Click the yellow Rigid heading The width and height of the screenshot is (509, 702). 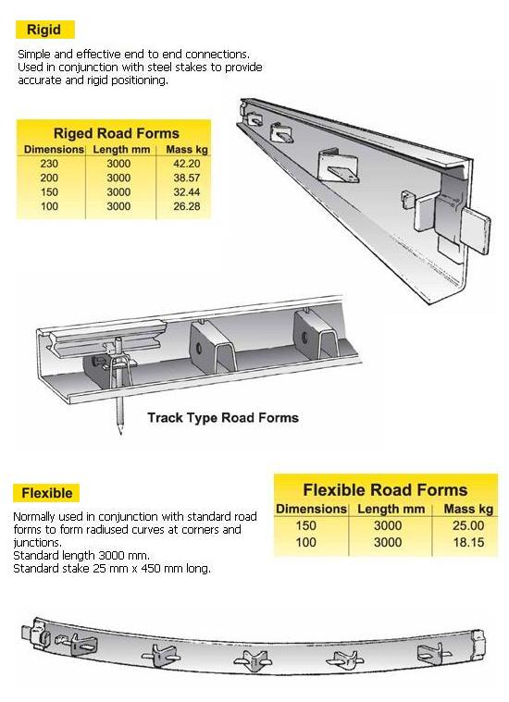44,30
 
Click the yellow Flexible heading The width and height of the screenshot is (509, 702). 46,493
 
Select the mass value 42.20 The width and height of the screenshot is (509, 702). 186,164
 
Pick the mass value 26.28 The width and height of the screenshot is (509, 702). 186,206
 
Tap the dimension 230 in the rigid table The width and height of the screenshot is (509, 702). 49,164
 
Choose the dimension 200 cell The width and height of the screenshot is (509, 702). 49,178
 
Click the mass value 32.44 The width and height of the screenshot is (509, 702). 186,192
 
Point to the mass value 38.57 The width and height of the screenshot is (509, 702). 186,178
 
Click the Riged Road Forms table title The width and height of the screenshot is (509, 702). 116,133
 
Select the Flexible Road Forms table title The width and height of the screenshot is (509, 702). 385,490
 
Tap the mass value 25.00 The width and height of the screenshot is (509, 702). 468,525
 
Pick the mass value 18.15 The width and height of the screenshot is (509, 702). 468,543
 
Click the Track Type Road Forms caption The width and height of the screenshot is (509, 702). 223,418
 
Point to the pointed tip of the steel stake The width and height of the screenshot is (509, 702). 120,434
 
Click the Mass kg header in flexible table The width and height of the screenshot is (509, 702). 468,509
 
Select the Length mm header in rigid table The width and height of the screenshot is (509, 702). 121,150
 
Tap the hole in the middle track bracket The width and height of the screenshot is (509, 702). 198,348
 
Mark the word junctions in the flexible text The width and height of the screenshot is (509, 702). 37,543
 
